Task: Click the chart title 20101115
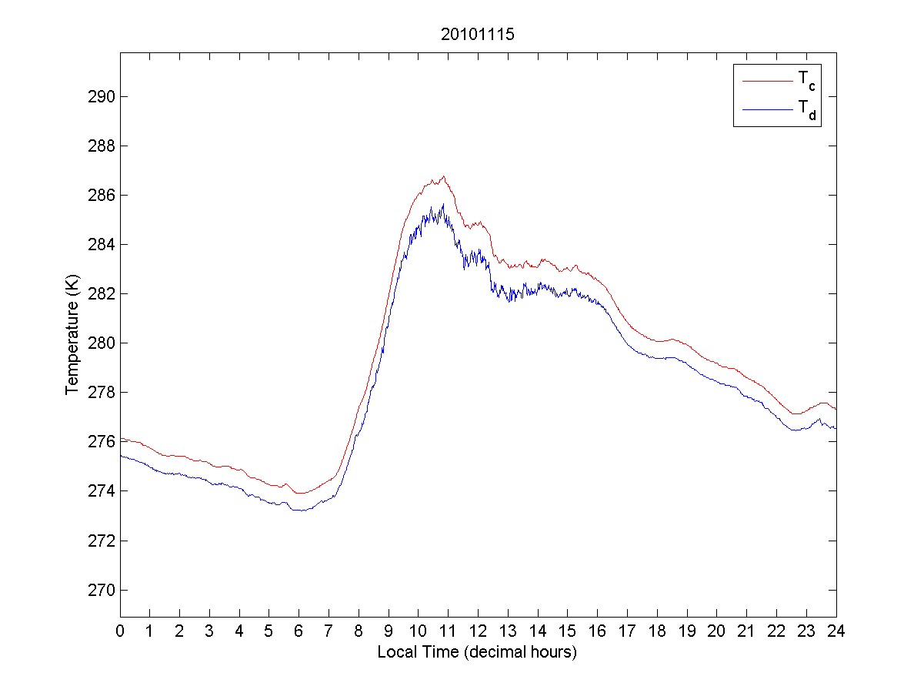(x=477, y=35)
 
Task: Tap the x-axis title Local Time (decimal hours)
(x=477, y=652)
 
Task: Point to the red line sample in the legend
(x=766, y=79)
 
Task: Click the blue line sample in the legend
(x=766, y=110)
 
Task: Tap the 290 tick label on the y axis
(x=99, y=97)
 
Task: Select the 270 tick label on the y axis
(x=99, y=590)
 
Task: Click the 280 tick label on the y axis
(x=99, y=343)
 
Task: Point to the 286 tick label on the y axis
(x=99, y=196)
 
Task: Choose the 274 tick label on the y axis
(x=99, y=491)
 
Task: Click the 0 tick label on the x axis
(x=120, y=631)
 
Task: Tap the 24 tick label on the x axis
(x=836, y=631)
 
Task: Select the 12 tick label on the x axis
(x=478, y=631)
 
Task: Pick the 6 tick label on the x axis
(x=299, y=631)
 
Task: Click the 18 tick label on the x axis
(x=657, y=631)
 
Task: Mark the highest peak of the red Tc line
(x=444, y=176)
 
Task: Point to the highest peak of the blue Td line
(x=443, y=204)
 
